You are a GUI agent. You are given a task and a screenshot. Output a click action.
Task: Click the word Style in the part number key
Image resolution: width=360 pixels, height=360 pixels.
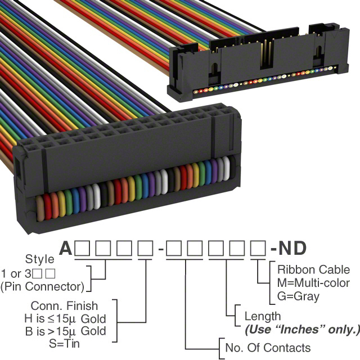pyautogui.click(x=40, y=259)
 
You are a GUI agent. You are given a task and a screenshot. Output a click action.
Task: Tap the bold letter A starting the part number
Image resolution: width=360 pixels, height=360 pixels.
pyautogui.click(x=66, y=249)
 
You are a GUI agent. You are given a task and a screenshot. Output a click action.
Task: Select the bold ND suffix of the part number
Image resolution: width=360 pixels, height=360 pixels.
pyautogui.click(x=292, y=249)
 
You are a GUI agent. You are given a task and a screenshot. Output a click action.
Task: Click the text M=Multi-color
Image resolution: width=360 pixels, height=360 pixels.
pyautogui.click(x=313, y=283)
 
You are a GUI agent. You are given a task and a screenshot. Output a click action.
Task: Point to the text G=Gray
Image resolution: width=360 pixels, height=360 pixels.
pyautogui.click(x=298, y=296)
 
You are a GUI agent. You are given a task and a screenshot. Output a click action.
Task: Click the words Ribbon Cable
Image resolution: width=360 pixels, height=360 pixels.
pyautogui.click(x=313, y=269)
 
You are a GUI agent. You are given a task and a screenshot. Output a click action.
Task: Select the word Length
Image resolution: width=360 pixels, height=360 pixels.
pyautogui.click(x=263, y=317)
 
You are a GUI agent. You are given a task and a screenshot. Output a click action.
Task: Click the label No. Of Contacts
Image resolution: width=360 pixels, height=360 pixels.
pyautogui.click(x=268, y=348)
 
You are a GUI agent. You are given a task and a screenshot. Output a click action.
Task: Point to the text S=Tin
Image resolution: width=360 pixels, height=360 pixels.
pyautogui.click(x=64, y=344)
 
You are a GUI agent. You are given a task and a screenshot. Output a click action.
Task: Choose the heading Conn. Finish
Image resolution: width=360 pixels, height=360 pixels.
pyautogui.click(x=64, y=306)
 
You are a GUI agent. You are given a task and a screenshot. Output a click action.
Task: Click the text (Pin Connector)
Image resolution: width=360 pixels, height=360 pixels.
pyautogui.click(x=43, y=286)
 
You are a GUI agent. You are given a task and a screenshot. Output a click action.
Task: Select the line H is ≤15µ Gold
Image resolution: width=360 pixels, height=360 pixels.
pyautogui.click(x=65, y=319)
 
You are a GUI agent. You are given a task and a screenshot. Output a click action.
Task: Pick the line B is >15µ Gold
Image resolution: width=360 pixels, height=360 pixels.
pyautogui.click(x=66, y=331)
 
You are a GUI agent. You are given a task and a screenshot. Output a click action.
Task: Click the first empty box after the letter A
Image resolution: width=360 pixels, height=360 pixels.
pyautogui.click(x=82, y=248)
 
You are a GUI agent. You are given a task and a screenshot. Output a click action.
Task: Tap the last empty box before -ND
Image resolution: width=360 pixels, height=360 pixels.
pyautogui.click(x=258, y=248)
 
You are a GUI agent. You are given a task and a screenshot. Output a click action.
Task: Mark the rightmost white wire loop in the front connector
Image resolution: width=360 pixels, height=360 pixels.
pyautogui.click(x=226, y=168)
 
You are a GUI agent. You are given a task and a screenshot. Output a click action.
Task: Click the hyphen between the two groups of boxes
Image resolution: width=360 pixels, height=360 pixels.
pyautogui.click(x=161, y=249)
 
